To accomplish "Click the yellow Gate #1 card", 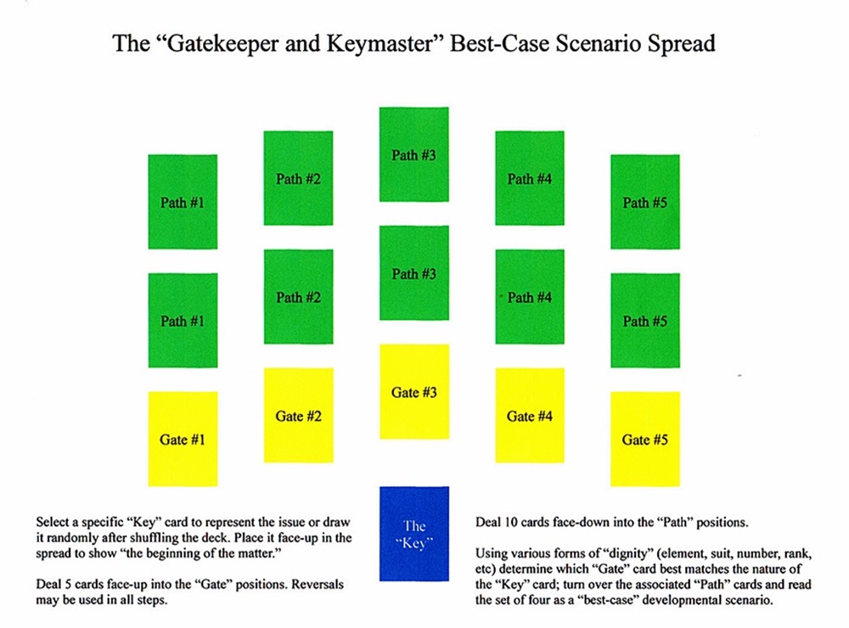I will [x=183, y=439].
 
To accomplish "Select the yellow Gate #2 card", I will [x=298, y=415].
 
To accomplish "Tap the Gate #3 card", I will [x=413, y=391].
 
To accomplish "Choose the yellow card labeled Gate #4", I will [x=529, y=415].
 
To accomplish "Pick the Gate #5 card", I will [x=644, y=439].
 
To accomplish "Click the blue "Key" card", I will [x=413, y=533].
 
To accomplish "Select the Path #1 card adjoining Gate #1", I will [x=183, y=320].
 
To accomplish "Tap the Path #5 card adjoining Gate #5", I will [x=644, y=320].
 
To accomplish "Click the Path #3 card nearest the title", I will [x=413, y=154].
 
